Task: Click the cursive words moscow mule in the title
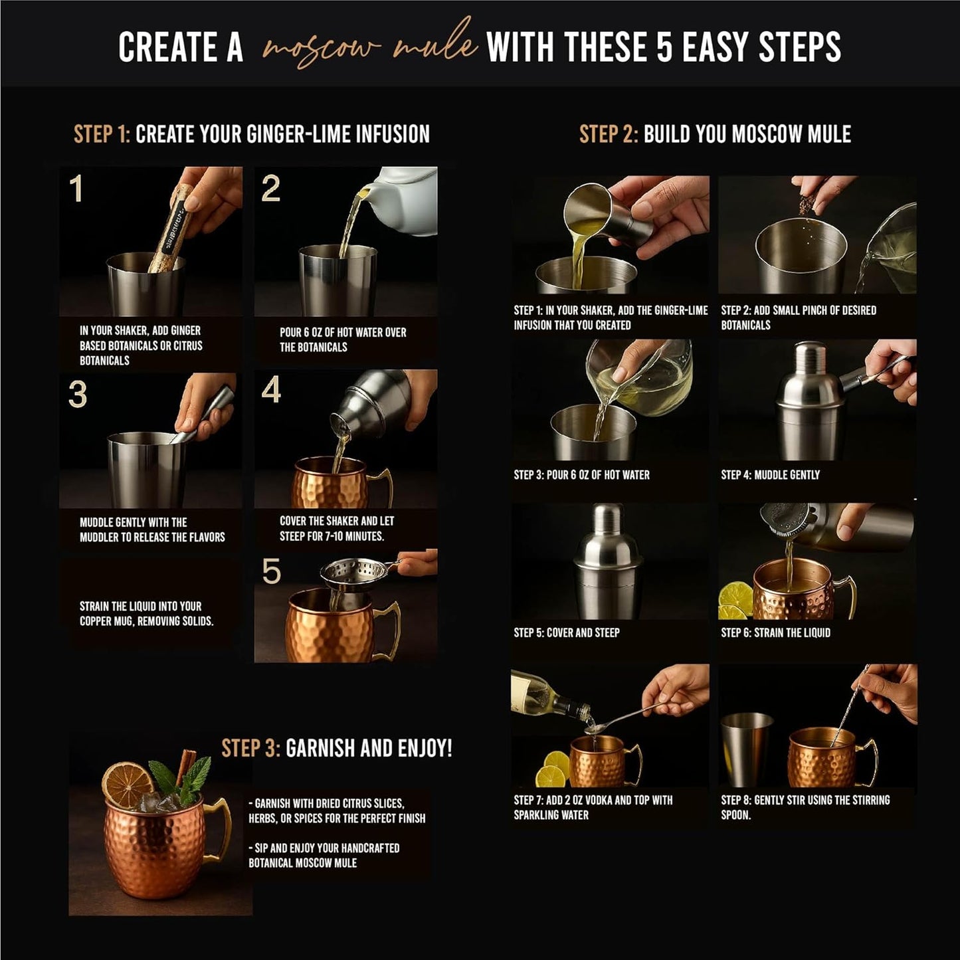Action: [x=369, y=47]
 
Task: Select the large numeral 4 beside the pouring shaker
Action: [x=271, y=390]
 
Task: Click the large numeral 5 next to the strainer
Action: [x=271, y=571]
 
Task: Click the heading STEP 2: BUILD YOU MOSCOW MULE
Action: [x=715, y=134]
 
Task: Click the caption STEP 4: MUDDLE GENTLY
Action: [x=770, y=475]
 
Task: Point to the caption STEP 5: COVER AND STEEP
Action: [x=566, y=632]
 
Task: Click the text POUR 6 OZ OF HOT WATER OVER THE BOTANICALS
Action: [x=342, y=339]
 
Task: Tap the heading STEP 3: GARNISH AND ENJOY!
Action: [x=336, y=749]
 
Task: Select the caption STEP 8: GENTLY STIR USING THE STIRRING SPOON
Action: [x=805, y=807]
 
